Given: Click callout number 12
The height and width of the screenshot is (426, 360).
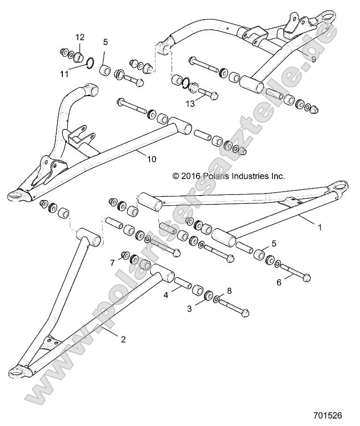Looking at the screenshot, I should tap(80, 37).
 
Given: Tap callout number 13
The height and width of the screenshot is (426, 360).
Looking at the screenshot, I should tap(189, 104).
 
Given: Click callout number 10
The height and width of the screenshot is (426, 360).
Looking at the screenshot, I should tap(151, 159).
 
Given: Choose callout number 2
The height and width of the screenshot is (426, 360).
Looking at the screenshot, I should tap(123, 339).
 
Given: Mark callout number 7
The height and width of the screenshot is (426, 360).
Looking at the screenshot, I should tap(112, 263).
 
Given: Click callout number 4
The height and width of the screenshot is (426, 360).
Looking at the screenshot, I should tap(165, 295).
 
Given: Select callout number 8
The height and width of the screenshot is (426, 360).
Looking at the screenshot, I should tap(229, 291).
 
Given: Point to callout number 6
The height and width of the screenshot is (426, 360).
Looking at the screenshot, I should tap(279, 282).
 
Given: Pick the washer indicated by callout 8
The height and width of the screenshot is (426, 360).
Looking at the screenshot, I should tap(218, 299).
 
